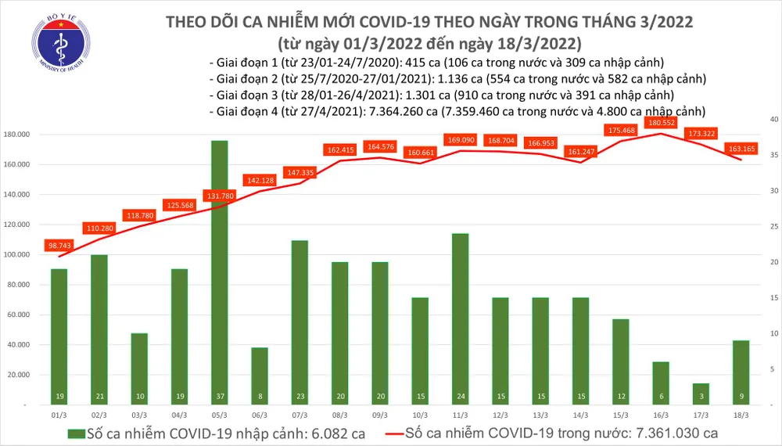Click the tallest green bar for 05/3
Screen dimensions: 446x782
point(220,266)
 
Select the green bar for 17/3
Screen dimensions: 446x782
point(701,394)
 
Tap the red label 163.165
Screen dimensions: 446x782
point(738,149)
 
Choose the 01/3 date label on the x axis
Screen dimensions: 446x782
point(59,419)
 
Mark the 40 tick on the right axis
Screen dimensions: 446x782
point(772,119)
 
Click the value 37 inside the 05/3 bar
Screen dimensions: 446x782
point(220,397)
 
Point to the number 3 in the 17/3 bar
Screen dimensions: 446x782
point(701,397)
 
